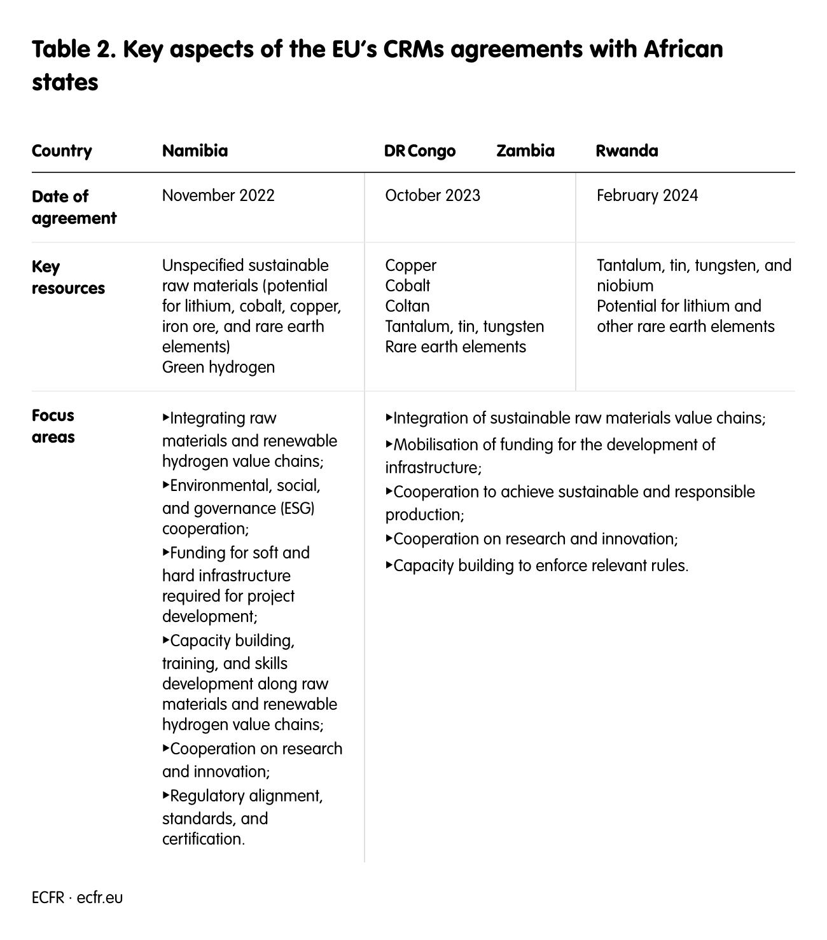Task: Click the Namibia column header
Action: pyautogui.click(x=195, y=151)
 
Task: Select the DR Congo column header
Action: pyautogui.click(x=420, y=151)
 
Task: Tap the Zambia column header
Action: pyautogui.click(x=525, y=151)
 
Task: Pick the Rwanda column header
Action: pyautogui.click(x=627, y=151)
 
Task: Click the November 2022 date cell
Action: pyautogui.click(x=218, y=195)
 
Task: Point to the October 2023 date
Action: pyautogui.click(x=433, y=195)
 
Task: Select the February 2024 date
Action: pyautogui.click(x=647, y=195)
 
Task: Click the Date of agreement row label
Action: pyautogui.click(x=74, y=207)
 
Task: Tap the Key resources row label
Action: pyautogui.click(x=68, y=277)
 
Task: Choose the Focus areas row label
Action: pyautogui.click(x=53, y=426)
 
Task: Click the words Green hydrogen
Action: pyautogui.click(x=218, y=367)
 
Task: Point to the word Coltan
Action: pyautogui.click(x=407, y=306)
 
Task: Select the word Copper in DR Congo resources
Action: pyautogui.click(x=411, y=265)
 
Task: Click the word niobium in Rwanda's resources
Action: pyautogui.click(x=625, y=286)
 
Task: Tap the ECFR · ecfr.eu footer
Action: pyautogui.click(x=77, y=897)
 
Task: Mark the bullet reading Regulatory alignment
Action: pyautogui.click(x=245, y=796)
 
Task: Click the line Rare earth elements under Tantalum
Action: pyautogui.click(x=455, y=347)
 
